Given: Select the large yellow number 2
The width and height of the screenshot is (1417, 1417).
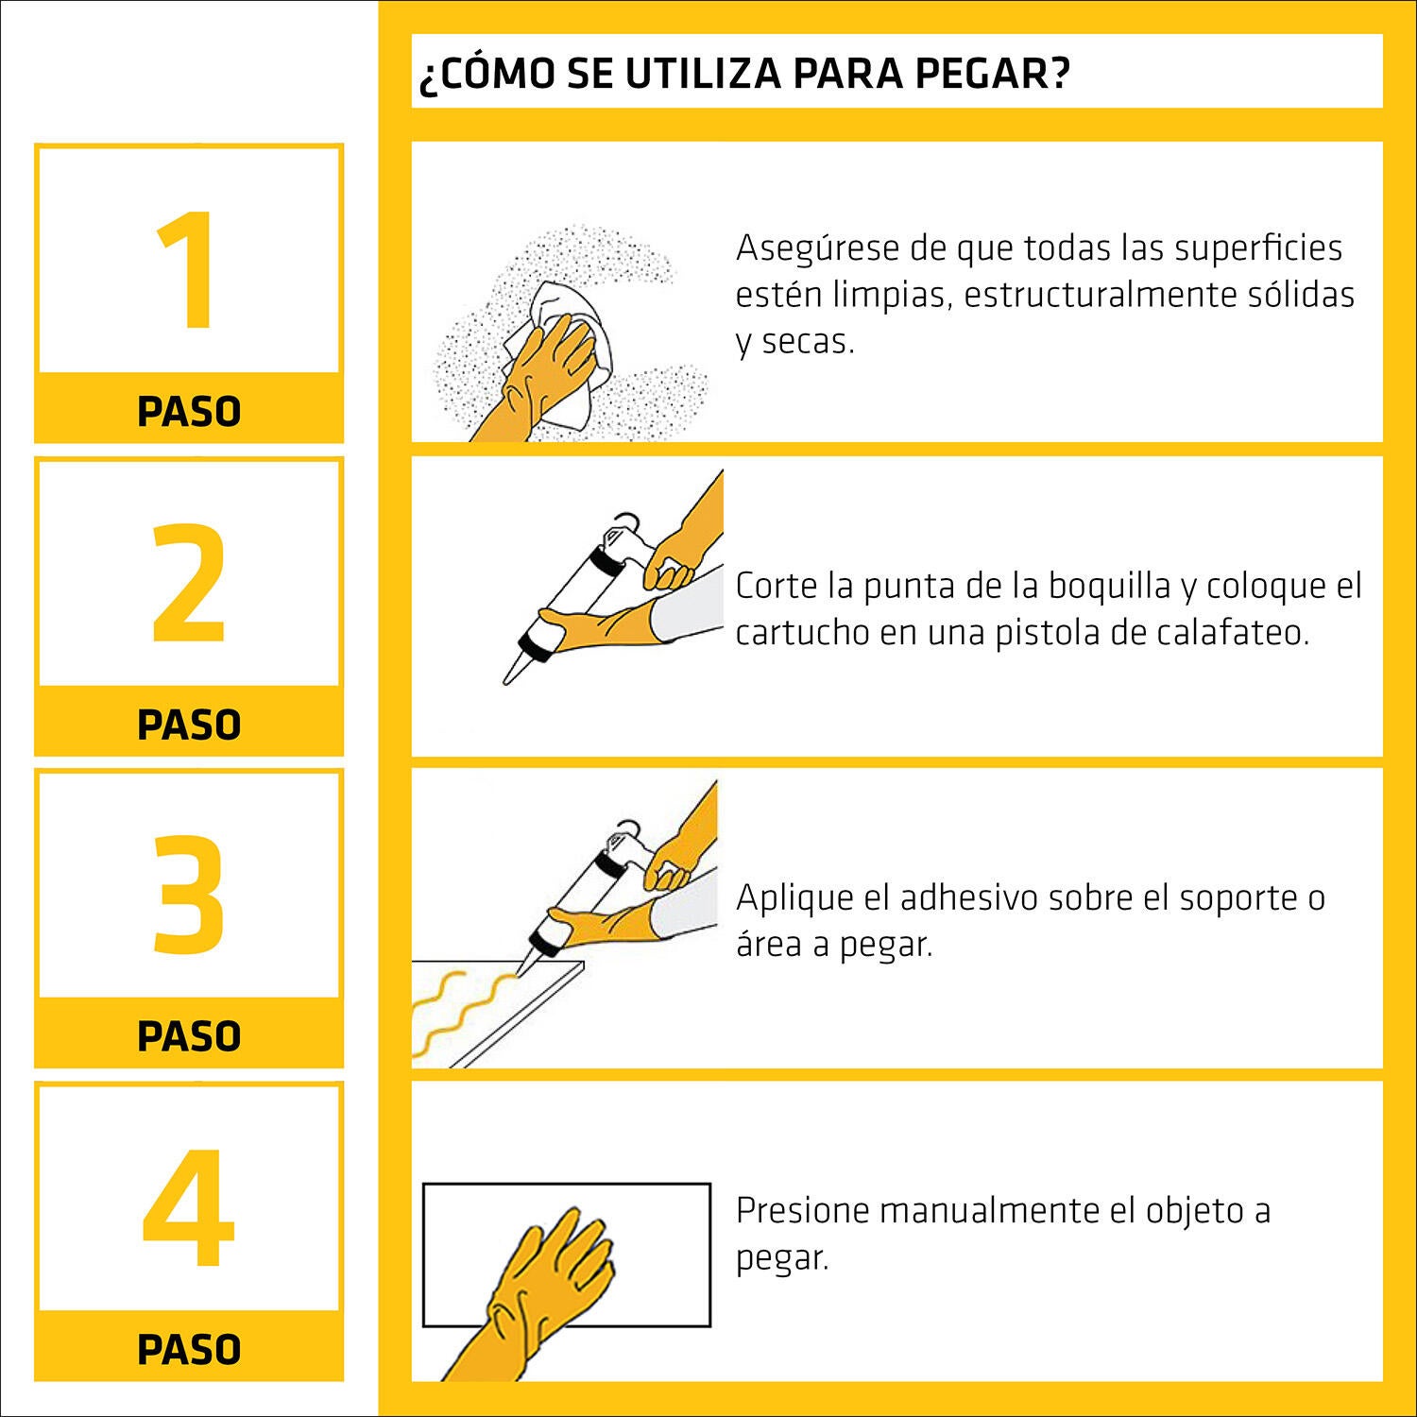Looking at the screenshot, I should pos(189,583).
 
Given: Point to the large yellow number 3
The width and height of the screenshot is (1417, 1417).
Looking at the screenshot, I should pos(189,894).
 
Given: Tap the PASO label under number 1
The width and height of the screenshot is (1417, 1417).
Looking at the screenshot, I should pos(189,412).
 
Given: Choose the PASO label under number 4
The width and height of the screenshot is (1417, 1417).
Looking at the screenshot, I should pos(189,1349).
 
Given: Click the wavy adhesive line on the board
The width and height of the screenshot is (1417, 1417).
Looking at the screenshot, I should pos(453,1011).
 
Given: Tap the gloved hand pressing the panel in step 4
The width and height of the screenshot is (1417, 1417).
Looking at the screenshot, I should pos(548,1275).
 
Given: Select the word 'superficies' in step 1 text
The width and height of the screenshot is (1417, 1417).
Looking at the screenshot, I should pos(1258,248).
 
